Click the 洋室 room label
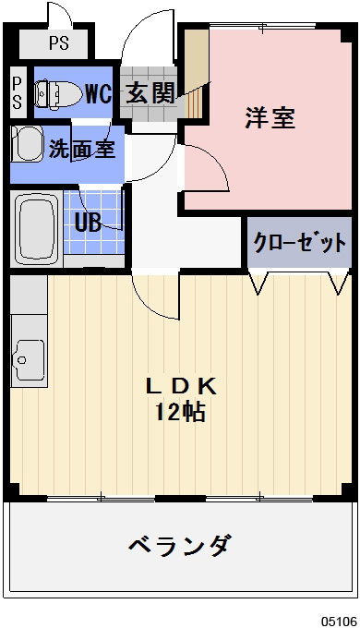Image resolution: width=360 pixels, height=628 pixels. pos(270,119)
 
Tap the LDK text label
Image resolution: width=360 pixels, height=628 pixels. pos(180,384)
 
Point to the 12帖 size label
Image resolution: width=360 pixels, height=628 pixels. pos(180,412)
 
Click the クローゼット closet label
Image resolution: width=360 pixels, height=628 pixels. pos(301,243)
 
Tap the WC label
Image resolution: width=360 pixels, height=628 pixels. pos(98,92)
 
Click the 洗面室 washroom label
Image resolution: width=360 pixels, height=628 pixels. pos(82,148)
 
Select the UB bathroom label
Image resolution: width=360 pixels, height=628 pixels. pos(89,222)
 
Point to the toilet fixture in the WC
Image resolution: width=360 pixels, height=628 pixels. pos(55,92)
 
